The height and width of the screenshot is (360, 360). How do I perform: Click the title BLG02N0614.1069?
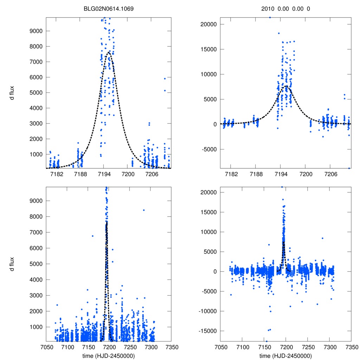tap(109, 8)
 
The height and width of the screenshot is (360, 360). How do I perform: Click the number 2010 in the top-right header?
tap(268, 8)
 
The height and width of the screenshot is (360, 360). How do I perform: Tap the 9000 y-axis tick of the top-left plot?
tap(36, 31)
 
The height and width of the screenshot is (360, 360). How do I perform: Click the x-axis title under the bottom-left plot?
tap(109, 355)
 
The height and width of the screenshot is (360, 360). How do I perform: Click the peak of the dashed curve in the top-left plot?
tap(109, 52)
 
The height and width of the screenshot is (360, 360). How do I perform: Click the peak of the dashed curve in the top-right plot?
tap(286, 86)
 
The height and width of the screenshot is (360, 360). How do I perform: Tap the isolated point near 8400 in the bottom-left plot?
tap(144, 210)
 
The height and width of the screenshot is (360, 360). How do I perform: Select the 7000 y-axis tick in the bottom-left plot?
tap(36, 232)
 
